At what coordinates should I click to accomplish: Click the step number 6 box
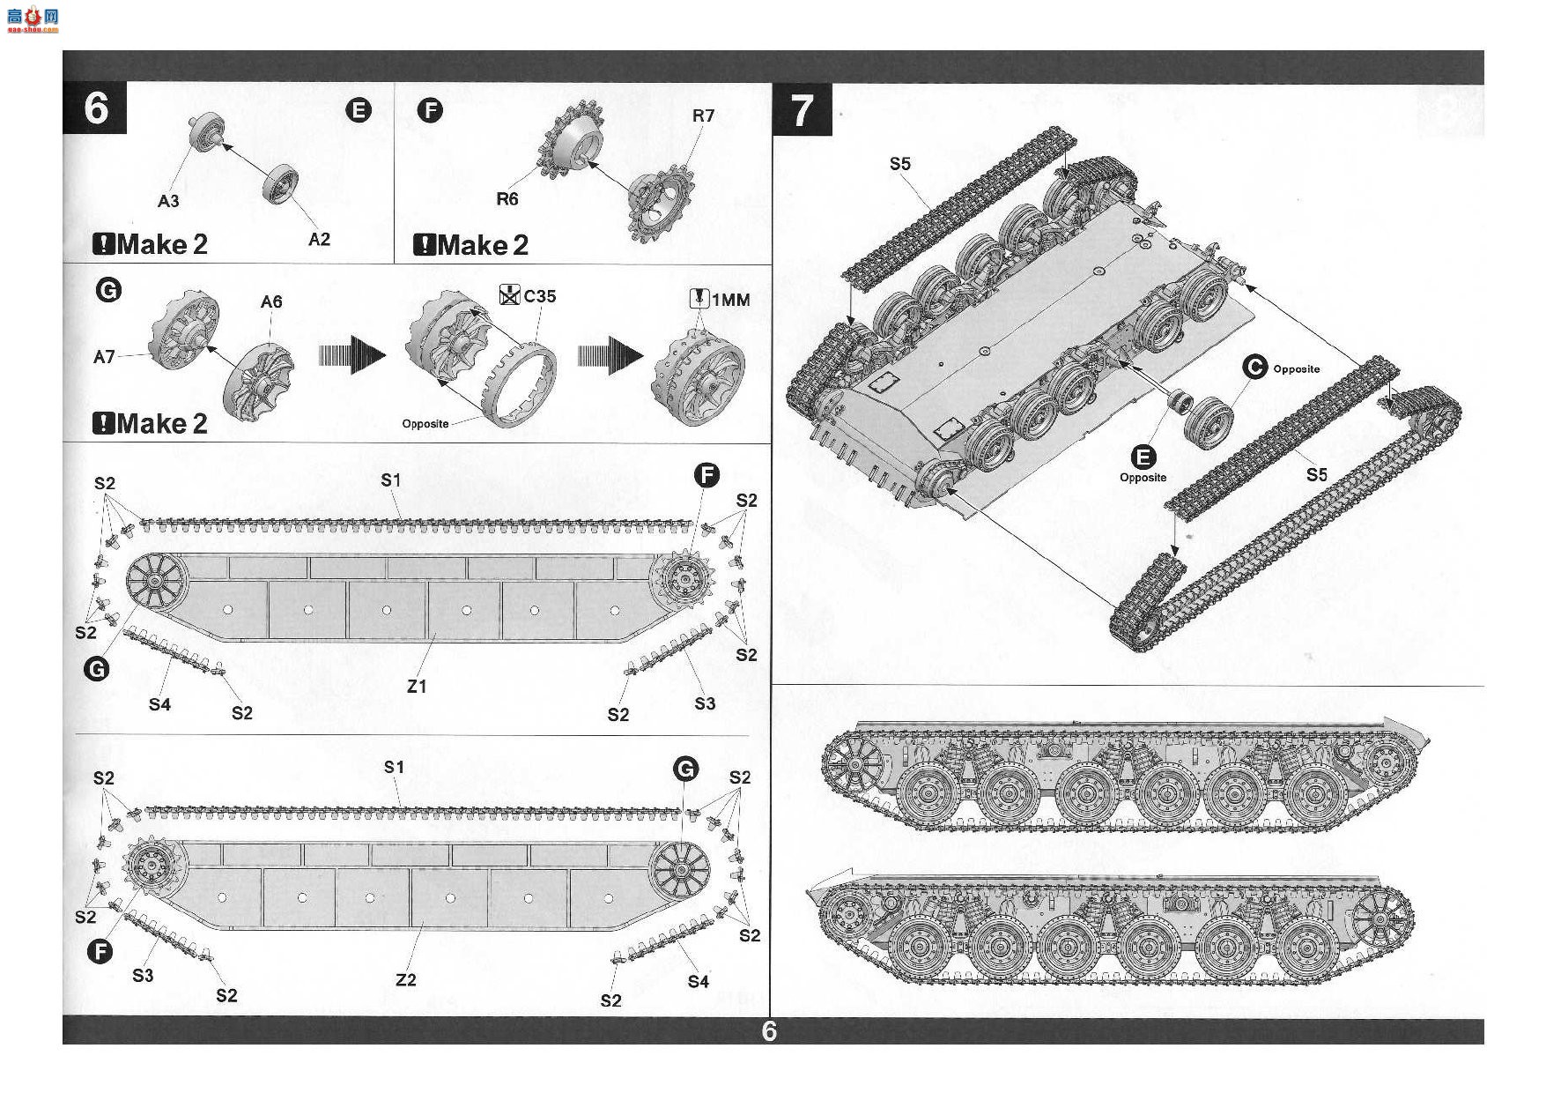click(95, 108)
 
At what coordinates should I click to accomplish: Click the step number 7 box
click(802, 110)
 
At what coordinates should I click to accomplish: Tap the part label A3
click(168, 201)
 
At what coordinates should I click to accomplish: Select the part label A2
click(319, 239)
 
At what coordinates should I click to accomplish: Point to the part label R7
click(703, 115)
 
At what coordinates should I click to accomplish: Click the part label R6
click(507, 199)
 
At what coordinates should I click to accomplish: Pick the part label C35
click(539, 296)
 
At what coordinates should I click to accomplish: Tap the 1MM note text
click(730, 300)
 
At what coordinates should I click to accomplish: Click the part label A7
click(104, 356)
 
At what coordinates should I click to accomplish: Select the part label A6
click(271, 301)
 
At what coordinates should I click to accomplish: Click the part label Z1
click(417, 686)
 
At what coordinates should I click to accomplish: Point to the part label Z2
click(406, 979)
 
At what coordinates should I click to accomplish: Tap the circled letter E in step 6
click(359, 110)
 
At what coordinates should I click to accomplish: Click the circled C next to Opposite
click(1254, 368)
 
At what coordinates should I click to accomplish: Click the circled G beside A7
click(108, 290)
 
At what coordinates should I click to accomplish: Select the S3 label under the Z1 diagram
click(705, 703)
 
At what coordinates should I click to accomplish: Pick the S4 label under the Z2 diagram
click(699, 981)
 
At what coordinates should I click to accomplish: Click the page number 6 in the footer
click(769, 1031)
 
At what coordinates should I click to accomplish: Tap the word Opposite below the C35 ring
click(425, 424)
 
